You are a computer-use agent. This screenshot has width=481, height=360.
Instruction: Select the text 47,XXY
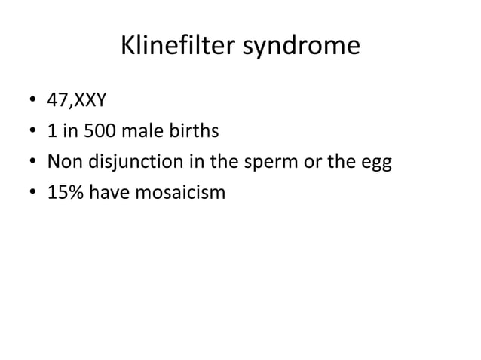(x=76, y=101)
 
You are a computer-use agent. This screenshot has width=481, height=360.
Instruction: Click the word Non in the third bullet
(x=63, y=163)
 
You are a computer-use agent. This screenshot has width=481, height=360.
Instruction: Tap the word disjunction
(x=127, y=163)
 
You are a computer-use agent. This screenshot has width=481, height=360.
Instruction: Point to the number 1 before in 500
(x=51, y=132)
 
